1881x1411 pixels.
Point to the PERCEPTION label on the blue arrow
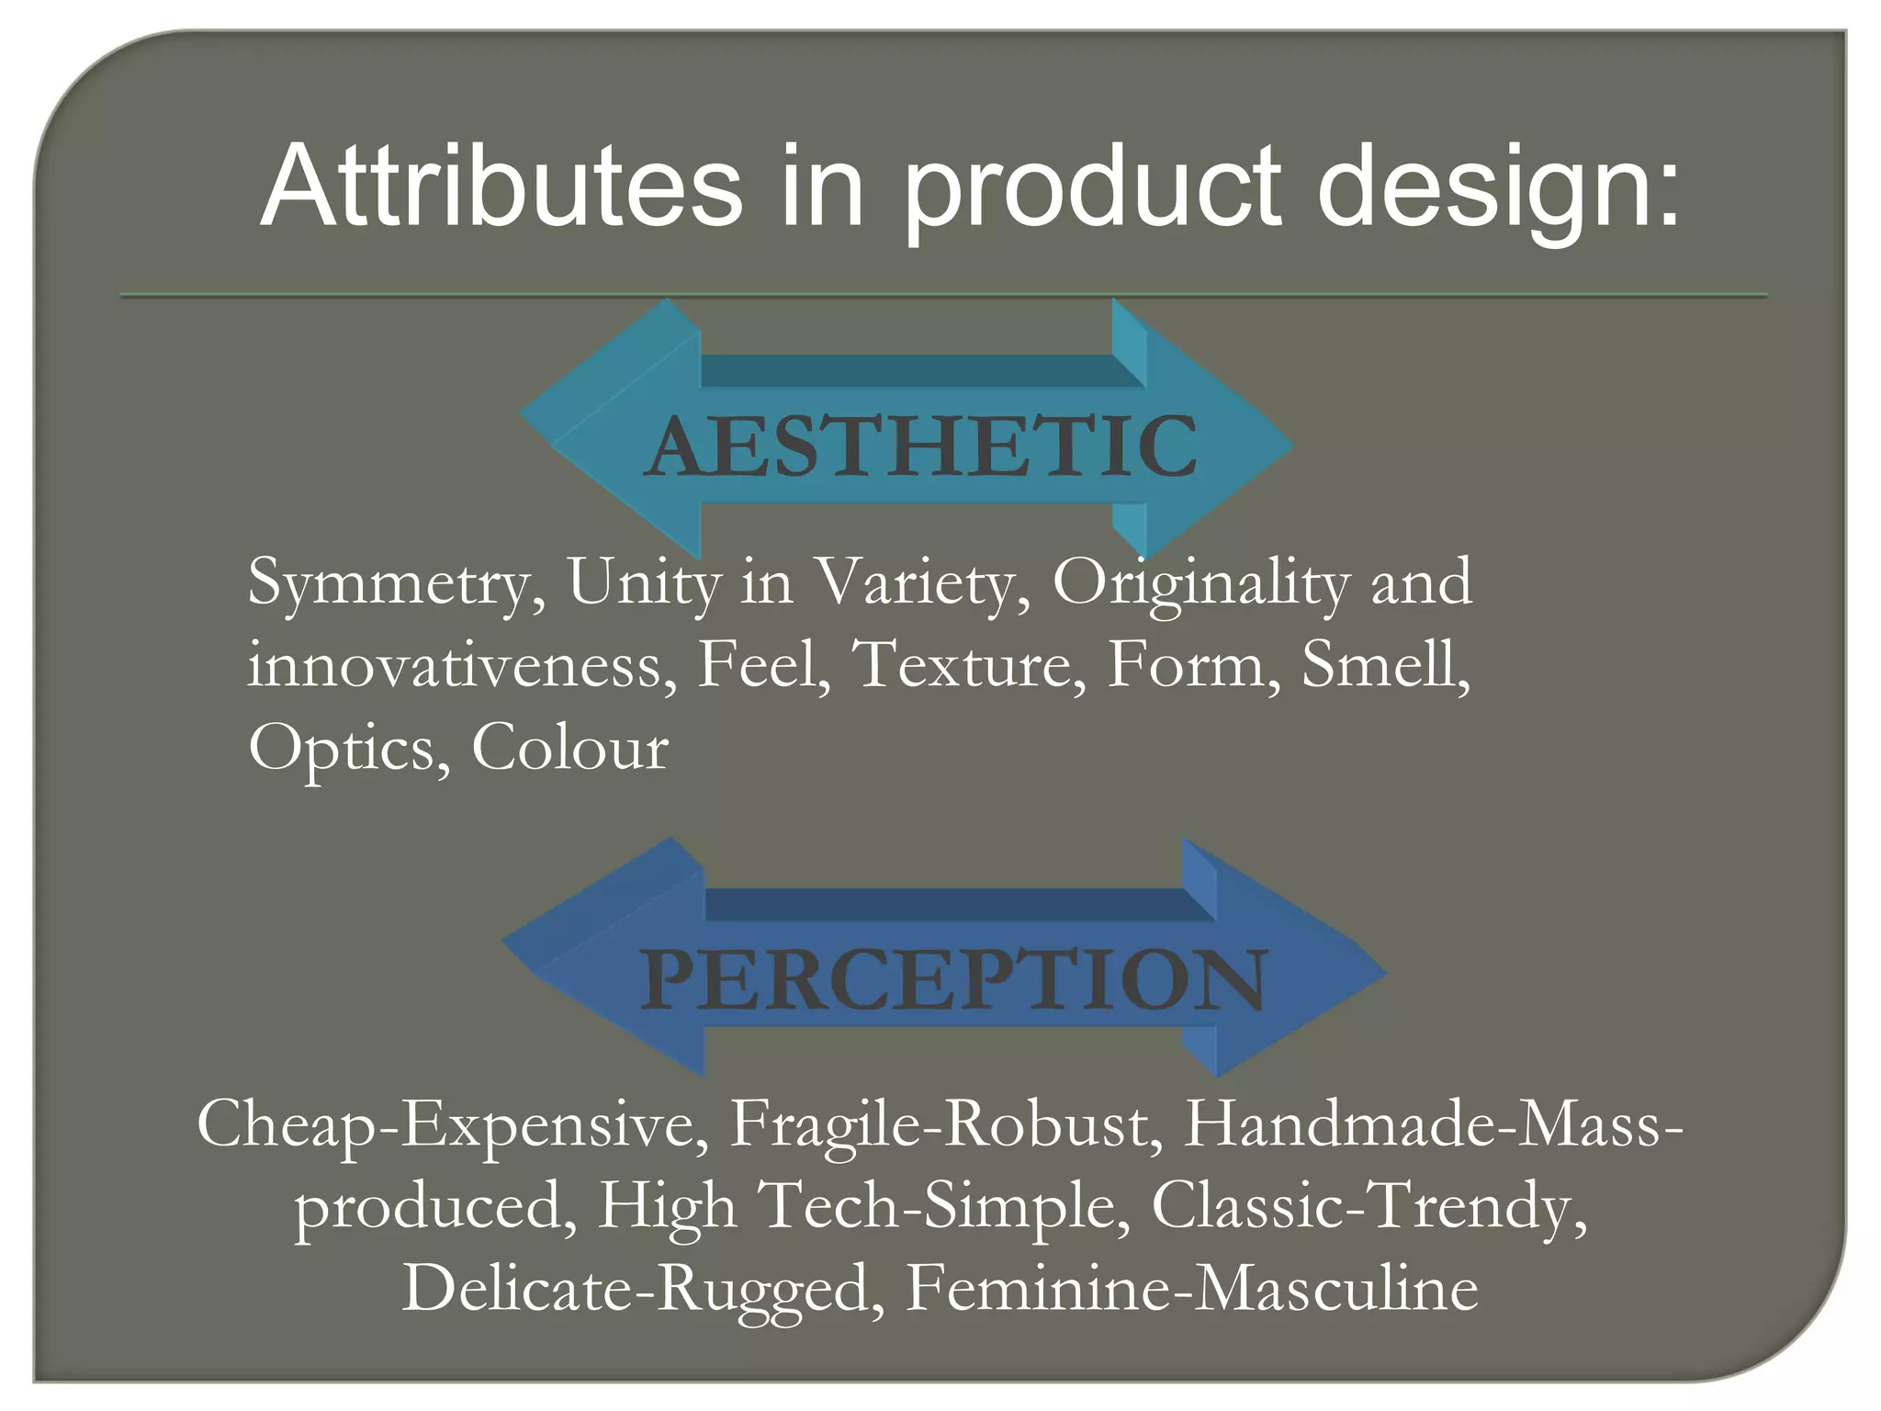click(x=953, y=980)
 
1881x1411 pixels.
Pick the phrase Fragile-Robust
click(x=946, y=1125)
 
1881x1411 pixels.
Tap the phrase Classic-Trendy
click(x=1369, y=1206)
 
